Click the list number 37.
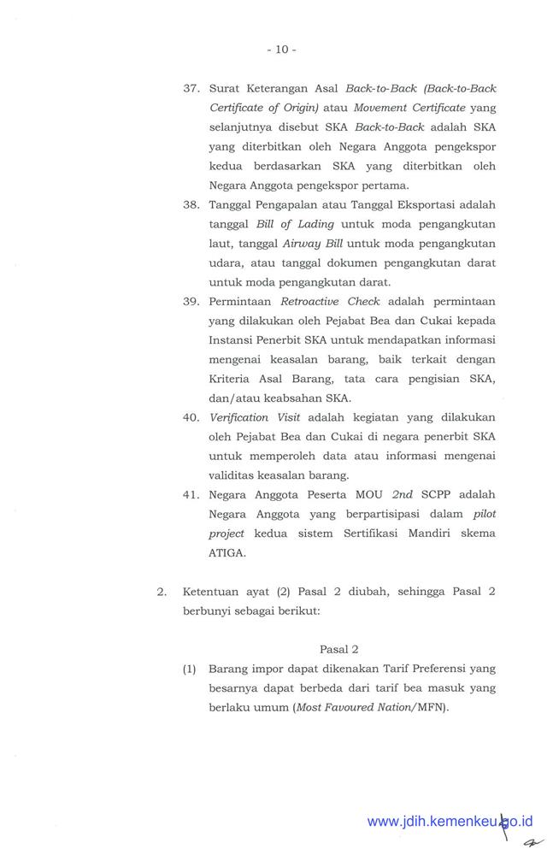coord(191,89)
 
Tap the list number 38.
coord(191,205)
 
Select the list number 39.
coord(191,302)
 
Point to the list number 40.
coord(191,418)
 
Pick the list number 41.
coord(191,495)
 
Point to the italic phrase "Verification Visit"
coord(250,418)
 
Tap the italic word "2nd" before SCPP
coord(403,495)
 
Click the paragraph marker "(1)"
coord(190,669)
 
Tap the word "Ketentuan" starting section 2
coord(212,592)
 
